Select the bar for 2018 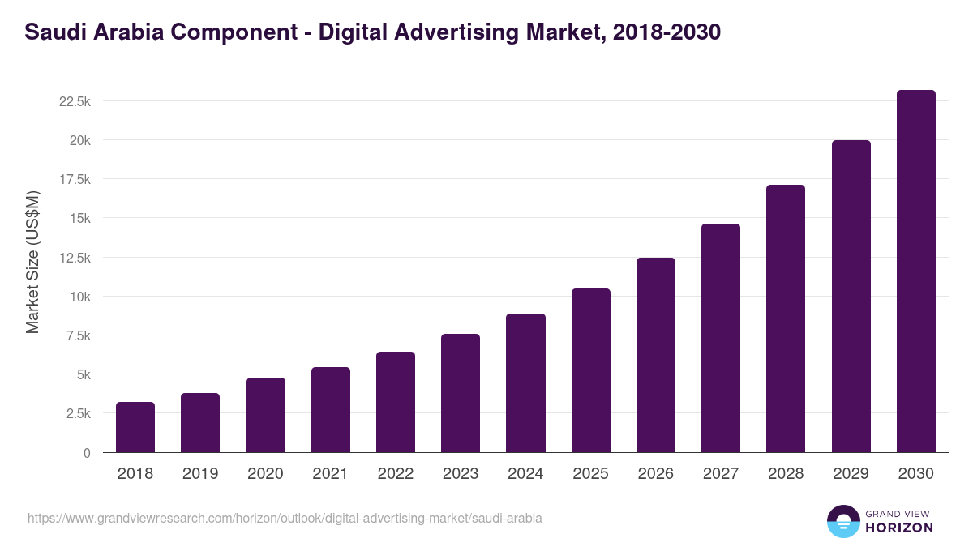click(x=135, y=427)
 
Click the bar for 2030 click(x=915, y=271)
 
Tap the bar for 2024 click(x=525, y=383)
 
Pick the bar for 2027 click(x=721, y=338)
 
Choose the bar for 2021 click(x=331, y=410)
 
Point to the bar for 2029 click(x=851, y=297)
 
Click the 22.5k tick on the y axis click(x=74, y=101)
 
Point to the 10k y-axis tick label click(x=79, y=297)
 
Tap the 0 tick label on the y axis click(x=86, y=453)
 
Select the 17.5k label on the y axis click(x=74, y=179)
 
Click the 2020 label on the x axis click(x=265, y=474)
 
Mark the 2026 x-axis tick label click(x=655, y=474)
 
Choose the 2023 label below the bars click(x=461, y=474)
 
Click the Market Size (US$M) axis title click(x=32, y=263)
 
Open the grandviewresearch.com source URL click(x=285, y=518)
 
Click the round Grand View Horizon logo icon click(x=843, y=521)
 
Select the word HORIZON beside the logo click(x=899, y=528)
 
